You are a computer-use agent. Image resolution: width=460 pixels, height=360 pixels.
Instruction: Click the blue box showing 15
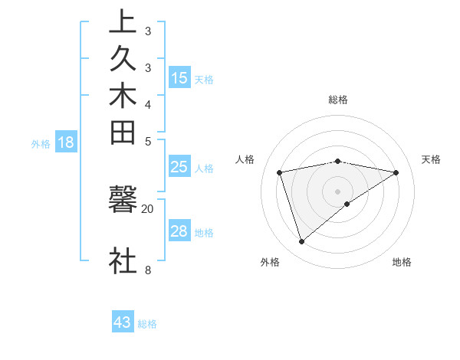179,77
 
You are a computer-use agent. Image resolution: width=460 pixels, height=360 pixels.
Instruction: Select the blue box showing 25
179,167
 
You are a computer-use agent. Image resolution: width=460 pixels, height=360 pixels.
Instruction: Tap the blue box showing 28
179,231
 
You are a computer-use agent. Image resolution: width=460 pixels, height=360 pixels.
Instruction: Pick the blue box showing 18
66,142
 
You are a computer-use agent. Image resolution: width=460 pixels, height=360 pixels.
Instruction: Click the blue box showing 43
123,322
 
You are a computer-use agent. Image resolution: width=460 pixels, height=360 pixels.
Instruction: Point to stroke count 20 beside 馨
148,208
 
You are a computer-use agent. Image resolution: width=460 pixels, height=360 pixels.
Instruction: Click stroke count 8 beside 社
148,269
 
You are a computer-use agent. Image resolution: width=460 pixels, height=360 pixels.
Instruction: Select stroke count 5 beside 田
148,141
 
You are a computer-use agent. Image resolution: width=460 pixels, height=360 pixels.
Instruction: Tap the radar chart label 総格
338,100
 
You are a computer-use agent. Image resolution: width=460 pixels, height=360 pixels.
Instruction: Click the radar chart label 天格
431,159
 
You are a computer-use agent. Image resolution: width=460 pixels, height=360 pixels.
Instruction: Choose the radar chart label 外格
270,262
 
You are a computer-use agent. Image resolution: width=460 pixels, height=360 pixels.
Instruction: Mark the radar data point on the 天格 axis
396,172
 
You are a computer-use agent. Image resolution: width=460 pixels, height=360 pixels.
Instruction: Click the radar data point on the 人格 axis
280,172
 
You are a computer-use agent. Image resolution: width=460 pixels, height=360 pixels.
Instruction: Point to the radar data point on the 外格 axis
302,242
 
